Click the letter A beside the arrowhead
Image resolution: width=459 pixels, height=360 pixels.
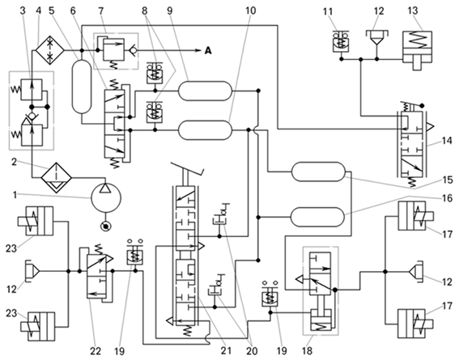(x=207, y=51)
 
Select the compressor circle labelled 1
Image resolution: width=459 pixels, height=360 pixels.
(x=106, y=197)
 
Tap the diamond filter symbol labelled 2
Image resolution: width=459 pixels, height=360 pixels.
(x=56, y=177)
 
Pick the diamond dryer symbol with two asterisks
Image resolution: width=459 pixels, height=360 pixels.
(x=50, y=51)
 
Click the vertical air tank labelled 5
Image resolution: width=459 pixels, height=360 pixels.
(x=82, y=87)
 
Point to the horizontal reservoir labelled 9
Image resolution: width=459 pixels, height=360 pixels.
(x=205, y=91)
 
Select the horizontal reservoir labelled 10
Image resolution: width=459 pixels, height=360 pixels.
(x=205, y=129)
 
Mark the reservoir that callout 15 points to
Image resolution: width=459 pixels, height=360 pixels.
(x=318, y=172)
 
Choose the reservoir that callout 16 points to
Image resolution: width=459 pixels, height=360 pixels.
(x=317, y=217)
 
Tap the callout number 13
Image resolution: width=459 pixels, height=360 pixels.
(x=413, y=11)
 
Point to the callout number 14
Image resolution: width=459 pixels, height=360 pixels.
(x=447, y=142)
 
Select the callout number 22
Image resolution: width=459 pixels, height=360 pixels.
(x=96, y=351)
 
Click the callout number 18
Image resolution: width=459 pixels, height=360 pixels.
(x=307, y=350)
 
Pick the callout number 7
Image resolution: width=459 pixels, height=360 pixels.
(x=100, y=11)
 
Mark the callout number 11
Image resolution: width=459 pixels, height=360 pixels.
(x=328, y=11)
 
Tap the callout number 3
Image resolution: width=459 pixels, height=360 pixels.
(x=23, y=11)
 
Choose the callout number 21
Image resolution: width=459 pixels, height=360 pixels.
(x=226, y=350)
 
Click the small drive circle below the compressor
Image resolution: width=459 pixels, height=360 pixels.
(x=105, y=226)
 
